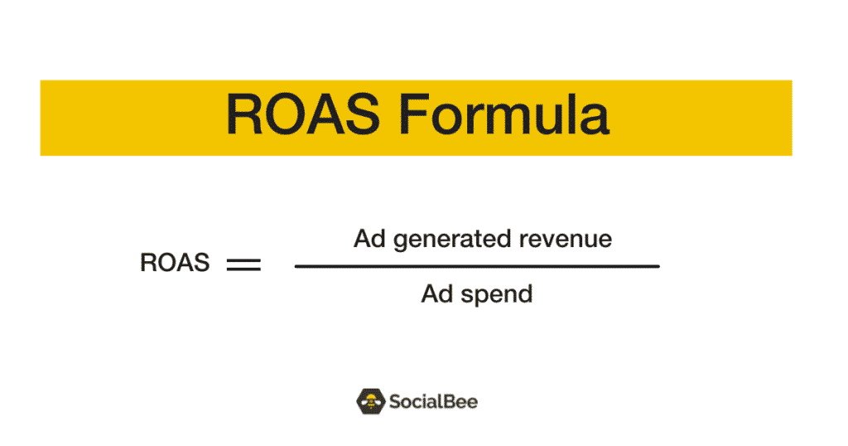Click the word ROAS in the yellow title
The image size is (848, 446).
pyautogui.click(x=303, y=114)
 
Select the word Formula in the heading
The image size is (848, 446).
pyautogui.click(x=504, y=114)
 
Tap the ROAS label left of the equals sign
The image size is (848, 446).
pyautogui.click(x=175, y=263)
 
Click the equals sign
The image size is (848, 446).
pyautogui.click(x=243, y=264)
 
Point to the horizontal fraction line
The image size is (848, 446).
pyautogui.click(x=477, y=266)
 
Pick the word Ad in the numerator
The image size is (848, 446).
pyautogui.click(x=369, y=239)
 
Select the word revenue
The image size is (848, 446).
pyautogui.click(x=566, y=240)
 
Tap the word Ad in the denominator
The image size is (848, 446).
pyautogui.click(x=437, y=294)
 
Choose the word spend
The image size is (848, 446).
pyautogui.click(x=497, y=295)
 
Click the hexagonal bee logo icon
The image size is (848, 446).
pyautogui.click(x=370, y=401)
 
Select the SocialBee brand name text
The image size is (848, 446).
pyautogui.click(x=433, y=401)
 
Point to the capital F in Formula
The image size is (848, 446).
pyautogui.click(x=414, y=114)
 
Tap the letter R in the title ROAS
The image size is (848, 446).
pyautogui.click(x=244, y=114)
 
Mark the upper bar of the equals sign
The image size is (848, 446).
pyautogui.click(x=243, y=259)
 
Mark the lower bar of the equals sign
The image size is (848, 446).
pyautogui.click(x=243, y=269)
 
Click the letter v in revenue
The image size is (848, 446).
pyautogui.click(x=552, y=242)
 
